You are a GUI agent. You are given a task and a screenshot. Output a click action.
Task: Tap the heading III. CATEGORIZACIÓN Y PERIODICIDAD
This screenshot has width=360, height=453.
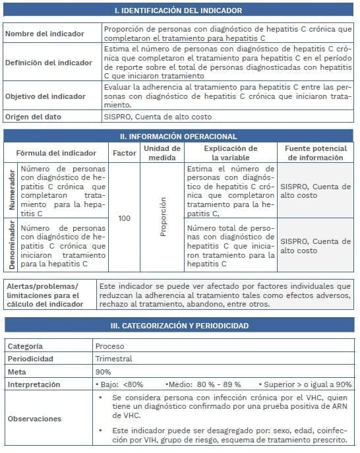pos(179,326)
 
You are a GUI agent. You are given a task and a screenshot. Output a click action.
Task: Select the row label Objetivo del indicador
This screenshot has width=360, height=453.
pos(45,96)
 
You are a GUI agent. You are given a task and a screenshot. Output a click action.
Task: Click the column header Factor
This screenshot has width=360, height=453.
pos(124,153)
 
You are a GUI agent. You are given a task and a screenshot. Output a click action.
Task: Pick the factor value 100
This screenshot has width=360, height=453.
pos(124,218)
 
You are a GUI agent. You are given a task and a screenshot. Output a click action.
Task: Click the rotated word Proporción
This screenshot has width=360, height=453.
pos(164,217)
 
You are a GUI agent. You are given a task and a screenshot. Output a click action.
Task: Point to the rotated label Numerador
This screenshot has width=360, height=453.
pos(11,191)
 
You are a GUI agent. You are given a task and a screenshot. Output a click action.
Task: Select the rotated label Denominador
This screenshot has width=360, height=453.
pos(11,245)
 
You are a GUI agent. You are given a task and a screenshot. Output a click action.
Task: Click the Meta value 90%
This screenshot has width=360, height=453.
pos(103,371)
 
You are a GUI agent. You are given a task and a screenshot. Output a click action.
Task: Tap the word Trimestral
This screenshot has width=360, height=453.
pos(113,359)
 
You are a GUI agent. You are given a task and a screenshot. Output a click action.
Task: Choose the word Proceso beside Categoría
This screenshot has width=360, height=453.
pos(109,346)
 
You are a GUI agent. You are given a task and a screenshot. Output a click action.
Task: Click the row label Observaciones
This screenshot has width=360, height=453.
pos(34,419)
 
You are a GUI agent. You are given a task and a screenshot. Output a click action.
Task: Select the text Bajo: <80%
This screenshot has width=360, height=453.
pos(121,384)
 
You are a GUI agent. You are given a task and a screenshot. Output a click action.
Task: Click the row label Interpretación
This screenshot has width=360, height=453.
pos(34,384)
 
